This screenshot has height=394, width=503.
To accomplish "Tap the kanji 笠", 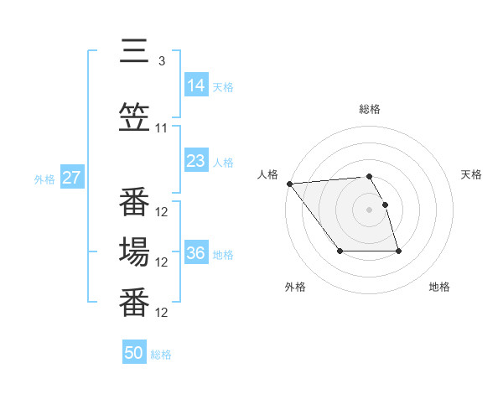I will [x=134, y=118].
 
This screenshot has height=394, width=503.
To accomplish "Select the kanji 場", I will [x=134, y=251].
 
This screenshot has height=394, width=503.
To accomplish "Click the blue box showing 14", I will [x=196, y=85].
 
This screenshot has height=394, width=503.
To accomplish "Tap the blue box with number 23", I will [x=196, y=161].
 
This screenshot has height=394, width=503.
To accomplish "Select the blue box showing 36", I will [x=196, y=252].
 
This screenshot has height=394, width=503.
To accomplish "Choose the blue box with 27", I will [x=71, y=178].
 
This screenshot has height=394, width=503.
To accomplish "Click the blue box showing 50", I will [x=134, y=353].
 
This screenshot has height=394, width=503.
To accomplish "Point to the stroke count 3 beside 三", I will [x=161, y=60].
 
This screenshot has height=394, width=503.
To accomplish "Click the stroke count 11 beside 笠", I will [x=162, y=128].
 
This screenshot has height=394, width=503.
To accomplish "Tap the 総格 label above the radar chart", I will [x=370, y=109].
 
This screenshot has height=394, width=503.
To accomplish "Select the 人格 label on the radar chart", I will [x=268, y=174].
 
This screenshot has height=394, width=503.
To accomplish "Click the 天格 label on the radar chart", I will [x=471, y=174].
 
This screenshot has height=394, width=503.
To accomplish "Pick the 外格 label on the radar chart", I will [x=295, y=287].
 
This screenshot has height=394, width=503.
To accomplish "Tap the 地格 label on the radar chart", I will [x=439, y=287].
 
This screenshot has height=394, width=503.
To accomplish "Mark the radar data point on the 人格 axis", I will [x=289, y=184].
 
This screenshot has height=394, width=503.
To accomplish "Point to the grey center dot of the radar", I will [x=370, y=209].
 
